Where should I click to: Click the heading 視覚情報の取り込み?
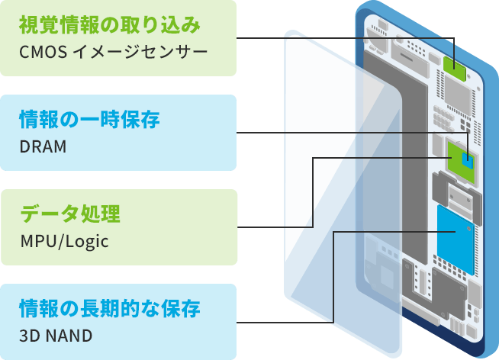click(109, 26)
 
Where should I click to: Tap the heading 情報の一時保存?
click(89, 120)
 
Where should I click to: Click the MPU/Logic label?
click(65, 241)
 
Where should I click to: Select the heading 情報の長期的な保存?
click(109, 309)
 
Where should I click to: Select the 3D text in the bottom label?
click(30, 336)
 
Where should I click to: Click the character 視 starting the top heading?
click(28, 26)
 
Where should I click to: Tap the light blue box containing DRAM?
click(118, 133)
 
